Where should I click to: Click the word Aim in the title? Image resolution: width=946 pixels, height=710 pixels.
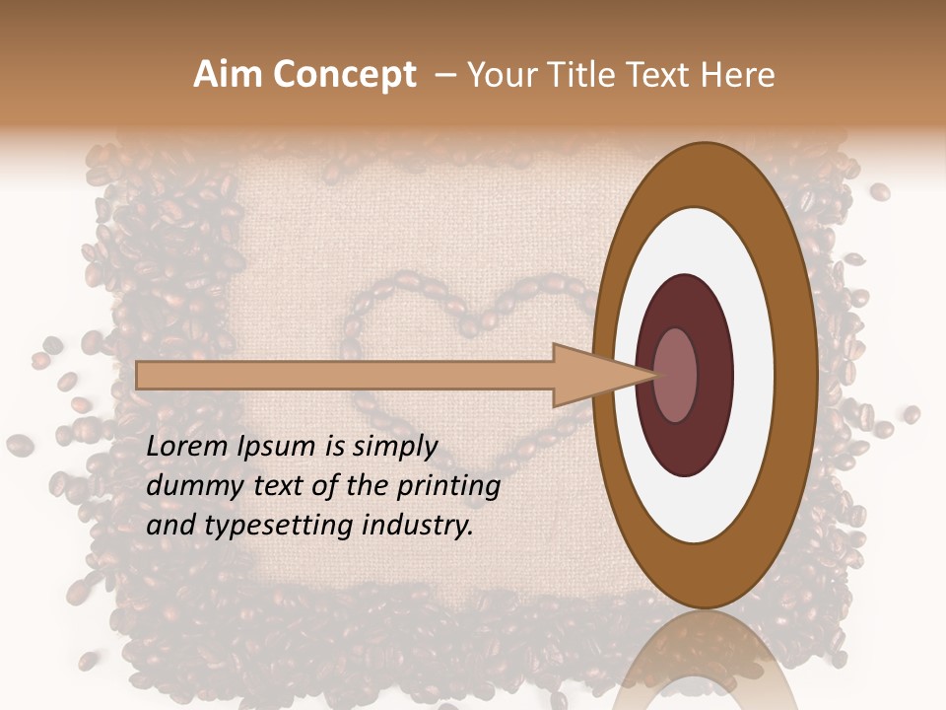(227, 75)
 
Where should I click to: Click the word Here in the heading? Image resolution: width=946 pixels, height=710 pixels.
(738, 75)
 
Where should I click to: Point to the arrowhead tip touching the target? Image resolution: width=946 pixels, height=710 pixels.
(654, 375)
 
